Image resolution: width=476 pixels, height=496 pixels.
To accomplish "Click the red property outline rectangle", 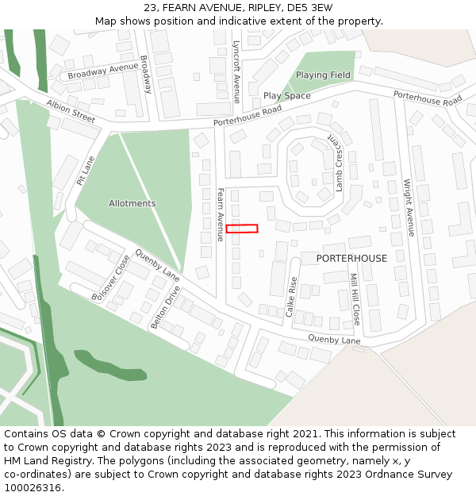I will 242,229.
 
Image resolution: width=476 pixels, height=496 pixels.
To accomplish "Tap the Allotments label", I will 132,203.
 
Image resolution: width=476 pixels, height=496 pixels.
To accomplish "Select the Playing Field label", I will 323,75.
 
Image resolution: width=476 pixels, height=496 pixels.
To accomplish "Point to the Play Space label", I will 287,96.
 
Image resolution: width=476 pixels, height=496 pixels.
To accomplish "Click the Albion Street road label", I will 71,111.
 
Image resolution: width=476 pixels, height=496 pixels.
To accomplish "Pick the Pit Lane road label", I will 86,170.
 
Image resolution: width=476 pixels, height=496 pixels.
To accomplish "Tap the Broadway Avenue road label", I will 103,71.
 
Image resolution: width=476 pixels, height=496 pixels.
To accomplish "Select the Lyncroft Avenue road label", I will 236,72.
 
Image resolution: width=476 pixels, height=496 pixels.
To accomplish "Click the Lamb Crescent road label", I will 337,163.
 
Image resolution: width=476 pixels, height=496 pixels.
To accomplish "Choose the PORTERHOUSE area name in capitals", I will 351,259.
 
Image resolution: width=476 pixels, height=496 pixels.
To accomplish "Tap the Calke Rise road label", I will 291,297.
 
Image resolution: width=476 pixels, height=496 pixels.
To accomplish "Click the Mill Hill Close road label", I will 355,299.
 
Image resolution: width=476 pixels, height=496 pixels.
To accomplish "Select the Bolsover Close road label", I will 111,278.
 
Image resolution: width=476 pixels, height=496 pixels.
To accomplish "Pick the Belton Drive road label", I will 166,307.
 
